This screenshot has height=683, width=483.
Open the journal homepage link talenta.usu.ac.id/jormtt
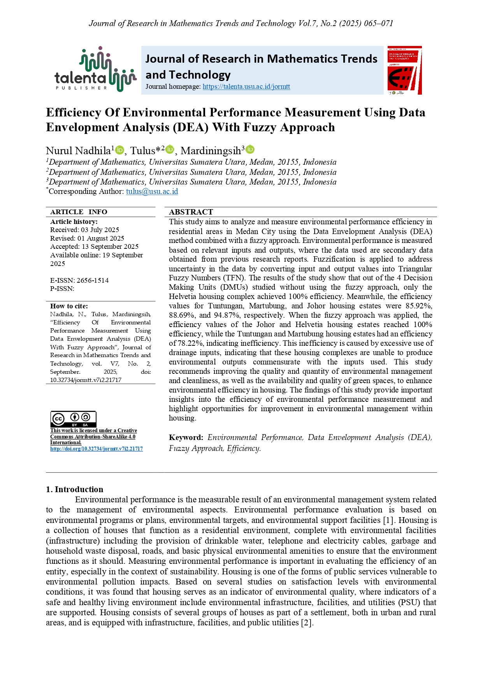[x=246, y=86]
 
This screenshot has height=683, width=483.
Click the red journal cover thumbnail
[x=404, y=70]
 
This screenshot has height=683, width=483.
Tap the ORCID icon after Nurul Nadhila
[x=120, y=150]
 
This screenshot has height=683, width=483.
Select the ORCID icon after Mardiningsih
[x=250, y=150]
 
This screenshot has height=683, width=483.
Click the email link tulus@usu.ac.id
[x=152, y=191]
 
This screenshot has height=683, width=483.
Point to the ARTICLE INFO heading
[x=79, y=212]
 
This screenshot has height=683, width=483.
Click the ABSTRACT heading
[x=191, y=212]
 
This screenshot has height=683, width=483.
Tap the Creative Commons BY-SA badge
[x=73, y=419]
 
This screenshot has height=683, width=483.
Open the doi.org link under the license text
[x=97, y=449]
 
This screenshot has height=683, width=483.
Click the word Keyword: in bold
[x=186, y=437]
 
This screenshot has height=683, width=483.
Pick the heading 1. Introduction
[x=75, y=489]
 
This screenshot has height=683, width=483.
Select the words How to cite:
[x=69, y=306]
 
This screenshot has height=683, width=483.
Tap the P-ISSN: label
[x=62, y=289]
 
